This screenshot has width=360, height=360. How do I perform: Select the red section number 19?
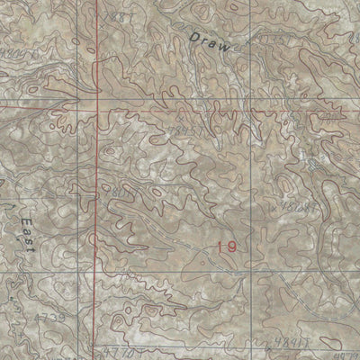(x=227, y=246)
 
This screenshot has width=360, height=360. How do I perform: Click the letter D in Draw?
(x=195, y=32)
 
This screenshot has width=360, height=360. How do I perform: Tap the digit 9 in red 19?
(x=232, y=246)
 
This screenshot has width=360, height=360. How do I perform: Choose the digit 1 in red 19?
(x=220, y=246)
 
